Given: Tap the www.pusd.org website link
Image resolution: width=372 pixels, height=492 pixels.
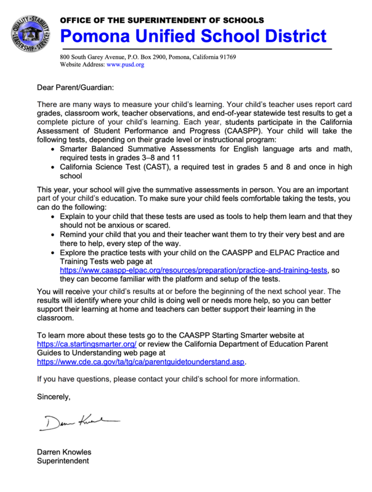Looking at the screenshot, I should coord(126,64).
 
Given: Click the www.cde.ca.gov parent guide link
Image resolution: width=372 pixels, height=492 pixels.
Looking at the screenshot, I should coord(141,362).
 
